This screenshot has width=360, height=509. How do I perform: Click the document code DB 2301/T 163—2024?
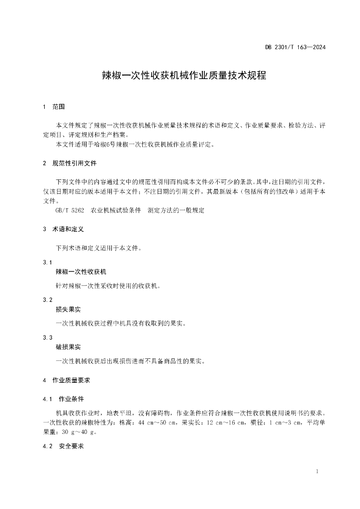click(x=295, y=48)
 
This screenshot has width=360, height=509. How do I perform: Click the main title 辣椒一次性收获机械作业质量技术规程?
click(x=180, y=76)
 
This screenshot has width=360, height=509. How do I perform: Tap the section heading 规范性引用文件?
click(x=75, y=163)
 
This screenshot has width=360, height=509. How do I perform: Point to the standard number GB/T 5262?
click(x=70, y=210)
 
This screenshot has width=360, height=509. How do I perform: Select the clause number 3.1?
click(x=48, y=262)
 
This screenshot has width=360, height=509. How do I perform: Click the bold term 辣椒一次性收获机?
click(x=81, y=272)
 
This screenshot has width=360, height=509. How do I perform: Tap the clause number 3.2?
click(x=48, y=300)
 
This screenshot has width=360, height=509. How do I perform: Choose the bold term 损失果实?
click(x=68, y=310)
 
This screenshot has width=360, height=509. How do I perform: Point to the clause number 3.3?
click(x=48, y=338)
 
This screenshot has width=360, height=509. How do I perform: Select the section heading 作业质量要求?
click(x=71, y=380)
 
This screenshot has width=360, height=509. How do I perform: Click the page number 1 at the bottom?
click(x=317, y=471)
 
